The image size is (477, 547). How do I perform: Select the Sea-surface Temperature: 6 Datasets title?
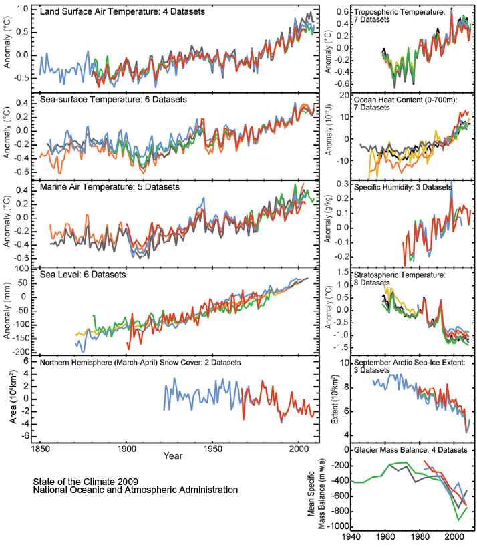pyautogui.click(x=114, y=100)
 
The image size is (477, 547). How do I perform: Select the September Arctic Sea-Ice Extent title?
pyautogui.click(x=410, y=363)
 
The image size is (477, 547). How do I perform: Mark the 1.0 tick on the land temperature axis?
pyautogui.click(x=22, y=9)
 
